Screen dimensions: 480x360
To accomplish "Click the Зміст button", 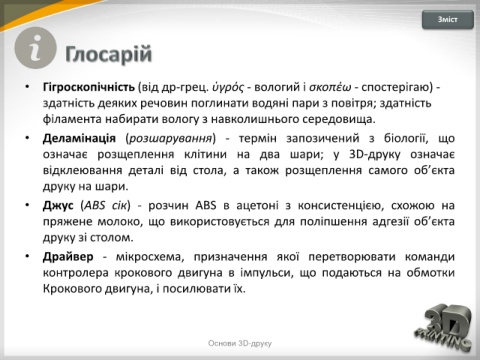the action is [447, 20].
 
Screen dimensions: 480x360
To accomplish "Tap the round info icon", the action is [35, 48].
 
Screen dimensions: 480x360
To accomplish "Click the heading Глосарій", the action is [109, 54].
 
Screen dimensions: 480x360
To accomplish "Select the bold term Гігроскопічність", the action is [89, 87].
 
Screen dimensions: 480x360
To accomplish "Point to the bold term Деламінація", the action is [79, 138].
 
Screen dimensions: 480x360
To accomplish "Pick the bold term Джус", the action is [58, 206].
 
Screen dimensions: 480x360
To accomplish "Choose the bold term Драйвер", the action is [68, 257].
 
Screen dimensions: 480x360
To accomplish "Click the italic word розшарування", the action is [171, 138].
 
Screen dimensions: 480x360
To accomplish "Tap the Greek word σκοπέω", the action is [330, 87].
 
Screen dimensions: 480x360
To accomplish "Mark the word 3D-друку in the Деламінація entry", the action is [375, 155].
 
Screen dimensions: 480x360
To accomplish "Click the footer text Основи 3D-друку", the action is [240, 343].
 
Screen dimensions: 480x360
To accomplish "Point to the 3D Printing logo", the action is [444, 327].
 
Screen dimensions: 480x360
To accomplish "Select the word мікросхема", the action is [150, 257].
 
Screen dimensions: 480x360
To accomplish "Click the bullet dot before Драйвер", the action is [28, 256].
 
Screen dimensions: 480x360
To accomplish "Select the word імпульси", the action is [266, 273].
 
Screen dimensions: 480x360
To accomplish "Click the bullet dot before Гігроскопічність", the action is [28, 87].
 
